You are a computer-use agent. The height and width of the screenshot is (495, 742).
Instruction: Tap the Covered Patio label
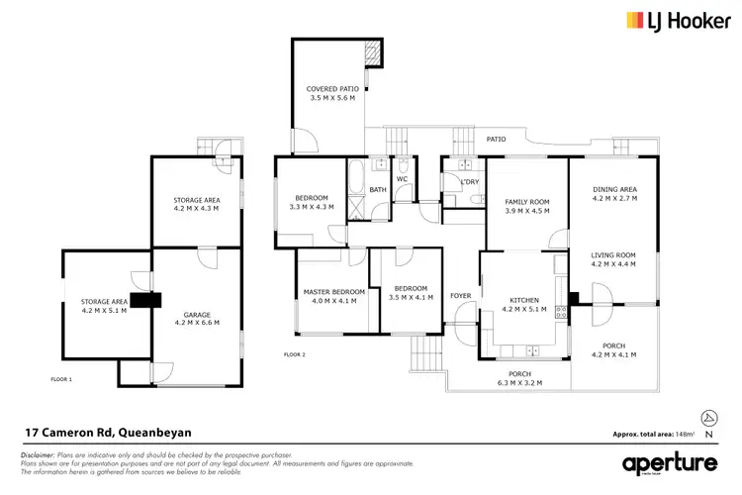point(331,94)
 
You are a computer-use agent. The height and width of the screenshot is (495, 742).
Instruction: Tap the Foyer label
point(461,296)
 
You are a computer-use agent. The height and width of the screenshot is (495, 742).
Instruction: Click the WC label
point(403,179)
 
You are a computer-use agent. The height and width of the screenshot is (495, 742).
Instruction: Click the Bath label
point(378,190)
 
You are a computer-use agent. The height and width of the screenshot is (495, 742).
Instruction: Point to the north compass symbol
point(707,419)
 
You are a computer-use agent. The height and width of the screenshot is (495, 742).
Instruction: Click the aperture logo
point(671,463)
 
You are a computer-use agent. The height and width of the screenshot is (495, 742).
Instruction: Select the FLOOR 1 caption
point(61,379)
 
